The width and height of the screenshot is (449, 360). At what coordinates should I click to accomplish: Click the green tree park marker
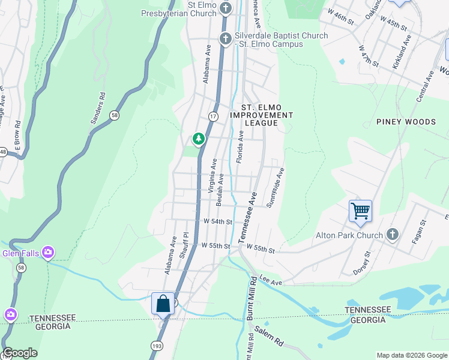199,139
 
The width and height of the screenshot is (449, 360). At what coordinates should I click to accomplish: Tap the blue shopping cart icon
360,211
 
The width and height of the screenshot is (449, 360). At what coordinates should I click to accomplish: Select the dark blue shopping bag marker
163,304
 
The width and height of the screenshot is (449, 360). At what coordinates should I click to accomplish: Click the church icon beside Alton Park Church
393,235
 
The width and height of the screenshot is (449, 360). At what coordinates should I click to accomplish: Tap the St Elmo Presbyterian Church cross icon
226,8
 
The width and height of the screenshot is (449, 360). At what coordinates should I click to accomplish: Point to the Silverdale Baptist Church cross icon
226,38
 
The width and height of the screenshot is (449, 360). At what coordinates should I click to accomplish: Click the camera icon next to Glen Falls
48,253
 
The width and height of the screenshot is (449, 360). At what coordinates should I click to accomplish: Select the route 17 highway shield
213,116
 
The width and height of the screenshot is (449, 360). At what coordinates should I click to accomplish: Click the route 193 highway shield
156,346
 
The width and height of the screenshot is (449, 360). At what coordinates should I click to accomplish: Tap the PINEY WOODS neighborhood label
406,122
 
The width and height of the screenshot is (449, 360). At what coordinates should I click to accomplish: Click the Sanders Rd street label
97,109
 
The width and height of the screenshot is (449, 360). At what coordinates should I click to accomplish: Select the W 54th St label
218,221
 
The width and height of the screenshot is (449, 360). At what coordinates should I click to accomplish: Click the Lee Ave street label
271,280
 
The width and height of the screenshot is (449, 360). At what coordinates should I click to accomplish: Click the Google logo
20,353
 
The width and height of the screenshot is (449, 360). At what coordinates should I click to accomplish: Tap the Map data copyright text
412,355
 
